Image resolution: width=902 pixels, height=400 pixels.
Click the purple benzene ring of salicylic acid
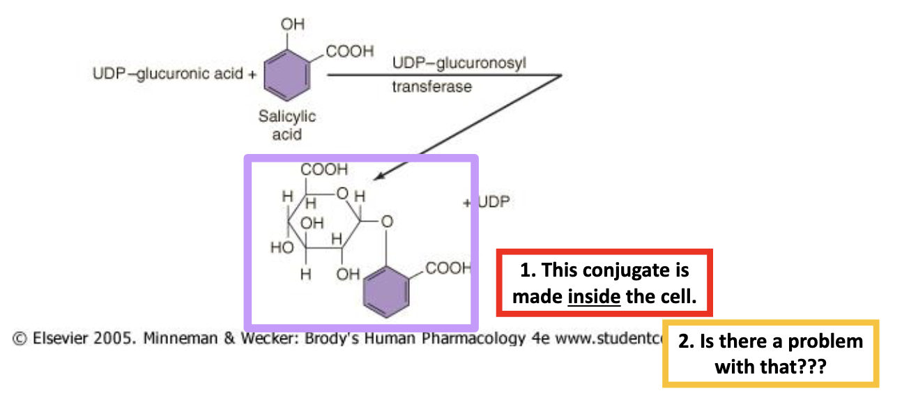(286, 76)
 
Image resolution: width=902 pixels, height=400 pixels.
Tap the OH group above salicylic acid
(293, 24)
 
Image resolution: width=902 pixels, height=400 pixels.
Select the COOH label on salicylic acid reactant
(349, 52)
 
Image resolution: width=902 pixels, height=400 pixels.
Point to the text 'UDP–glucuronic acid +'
(174, 74)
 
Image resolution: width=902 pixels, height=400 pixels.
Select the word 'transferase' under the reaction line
(431, 87)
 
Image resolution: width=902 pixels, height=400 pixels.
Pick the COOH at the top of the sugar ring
(323, 169)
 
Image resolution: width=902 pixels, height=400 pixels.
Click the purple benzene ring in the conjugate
(386, 293)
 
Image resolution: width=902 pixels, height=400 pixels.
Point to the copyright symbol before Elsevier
(20, 339)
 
